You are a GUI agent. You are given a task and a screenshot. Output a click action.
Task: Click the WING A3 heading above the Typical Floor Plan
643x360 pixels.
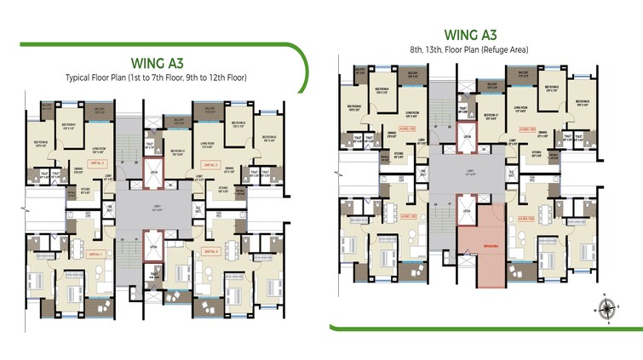(x=156, y=61)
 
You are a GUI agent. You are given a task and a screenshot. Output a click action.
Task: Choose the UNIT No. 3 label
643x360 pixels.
(x=209, y=163)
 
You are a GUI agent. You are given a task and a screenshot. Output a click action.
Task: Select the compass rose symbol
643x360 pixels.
(x=606, y=308)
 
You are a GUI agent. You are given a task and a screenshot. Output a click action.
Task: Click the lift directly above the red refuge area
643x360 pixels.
(x=467, y=209)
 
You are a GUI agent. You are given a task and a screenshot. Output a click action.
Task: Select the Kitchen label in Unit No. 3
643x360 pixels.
(x=223, y=189)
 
